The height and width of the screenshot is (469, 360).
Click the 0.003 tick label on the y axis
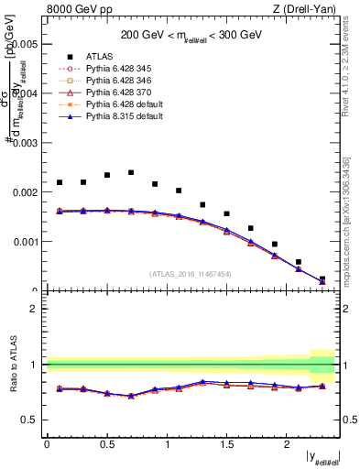click(26, 143)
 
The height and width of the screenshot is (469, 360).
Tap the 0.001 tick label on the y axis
click(26, 243)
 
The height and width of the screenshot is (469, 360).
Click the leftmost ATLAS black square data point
click(60, 182)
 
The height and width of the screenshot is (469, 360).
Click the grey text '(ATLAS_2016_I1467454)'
click(191, 273)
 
